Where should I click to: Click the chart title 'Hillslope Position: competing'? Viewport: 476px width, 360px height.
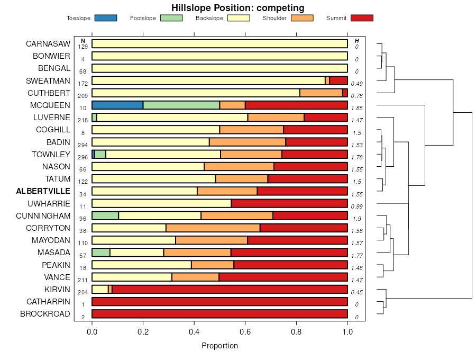pyautogui.click(x=237, y=7)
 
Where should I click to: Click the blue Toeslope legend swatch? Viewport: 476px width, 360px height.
pyautogui.click(x=105, y=18)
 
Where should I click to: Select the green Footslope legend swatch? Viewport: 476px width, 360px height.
pyautogui.click(x=171, y=18)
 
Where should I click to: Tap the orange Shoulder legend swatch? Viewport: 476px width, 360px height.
pyautogui.click(x=302, y=18)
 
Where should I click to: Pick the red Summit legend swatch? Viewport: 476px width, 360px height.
pyautogui.click(x=362, y=18)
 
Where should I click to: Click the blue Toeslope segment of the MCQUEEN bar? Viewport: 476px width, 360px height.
pyautogui.click(x=117, y=105)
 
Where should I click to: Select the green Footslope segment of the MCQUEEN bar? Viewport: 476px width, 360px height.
pyautogui.click(x=181, y=105)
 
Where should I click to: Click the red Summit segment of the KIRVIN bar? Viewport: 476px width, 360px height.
pyautogui.click(x=230, y=290)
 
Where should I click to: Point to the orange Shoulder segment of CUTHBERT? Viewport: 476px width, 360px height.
pyautogui.click(x=321, y=93)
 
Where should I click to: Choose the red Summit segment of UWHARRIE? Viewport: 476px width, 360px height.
pyautogui.click(x=289, y=203)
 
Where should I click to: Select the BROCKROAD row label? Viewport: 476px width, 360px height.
pyautogui.click(x=45, y=314)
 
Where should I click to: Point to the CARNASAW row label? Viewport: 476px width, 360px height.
pyautogui.click(x=48, y=44)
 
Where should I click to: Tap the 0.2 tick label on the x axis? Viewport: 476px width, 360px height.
pyautogui.click(x=143, y=331)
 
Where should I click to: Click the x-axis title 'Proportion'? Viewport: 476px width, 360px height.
pyautogui.click(x=219, y=346)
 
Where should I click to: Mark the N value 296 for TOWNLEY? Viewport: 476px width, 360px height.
pyautogui.click(x=83, y=157)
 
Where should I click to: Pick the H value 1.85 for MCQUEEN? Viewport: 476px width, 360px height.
pyautogui.click(x=357, y=108)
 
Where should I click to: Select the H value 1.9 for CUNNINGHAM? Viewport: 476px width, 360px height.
pyautogui.click(x=357, y=219)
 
